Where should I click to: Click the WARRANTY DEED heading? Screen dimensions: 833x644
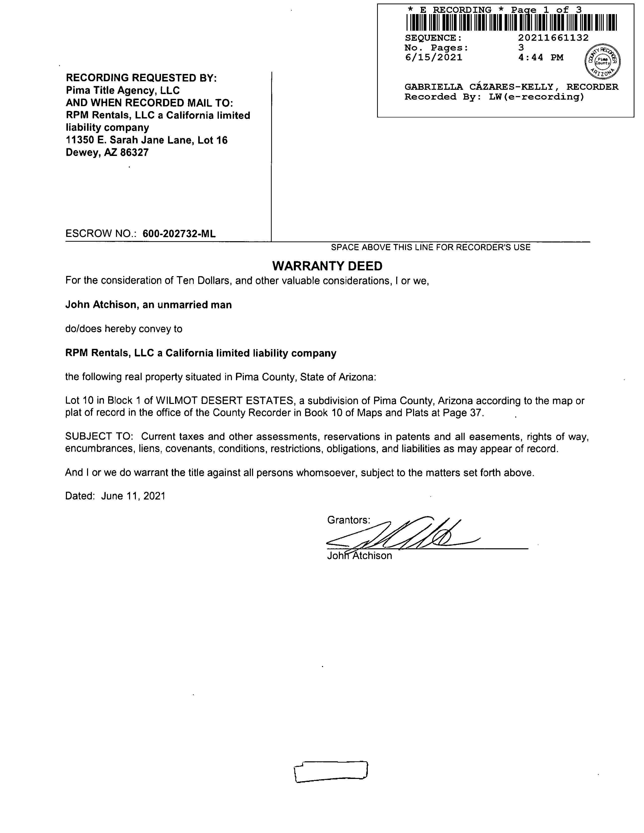(x=327, y=266)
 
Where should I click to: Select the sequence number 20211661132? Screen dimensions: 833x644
(x=553, y=38)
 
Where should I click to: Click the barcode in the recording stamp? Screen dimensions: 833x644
(x=511, y=22)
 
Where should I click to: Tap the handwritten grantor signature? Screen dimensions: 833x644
(x=405, y=534)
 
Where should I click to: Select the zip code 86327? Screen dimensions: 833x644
(x=134, y=153)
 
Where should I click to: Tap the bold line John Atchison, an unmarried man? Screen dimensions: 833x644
(x=148, y=305)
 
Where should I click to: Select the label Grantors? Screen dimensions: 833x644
(x=348, y=520)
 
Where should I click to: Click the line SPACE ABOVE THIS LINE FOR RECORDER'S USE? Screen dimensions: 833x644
(x=430, y=247)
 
